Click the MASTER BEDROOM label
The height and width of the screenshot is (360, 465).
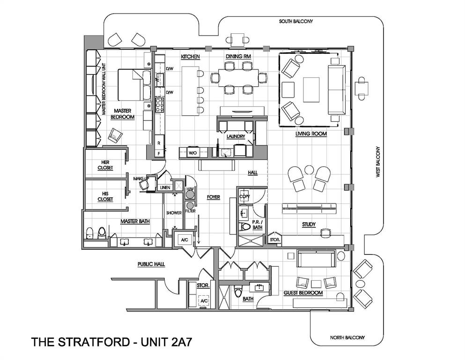pos(122,114)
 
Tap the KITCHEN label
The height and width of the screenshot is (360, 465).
pos(191,57)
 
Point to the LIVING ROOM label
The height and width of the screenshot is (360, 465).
pos(310,134)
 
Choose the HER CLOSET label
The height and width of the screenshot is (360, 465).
pos(105,165)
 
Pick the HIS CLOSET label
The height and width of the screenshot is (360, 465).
pos(105,196)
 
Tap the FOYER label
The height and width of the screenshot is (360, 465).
pos(214,197)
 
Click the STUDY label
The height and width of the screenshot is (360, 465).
pos(309,224)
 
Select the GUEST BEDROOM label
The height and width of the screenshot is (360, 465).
pos(303,293)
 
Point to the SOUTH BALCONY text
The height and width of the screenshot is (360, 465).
pos(295,22)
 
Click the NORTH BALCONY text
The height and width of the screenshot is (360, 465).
pos(347,337)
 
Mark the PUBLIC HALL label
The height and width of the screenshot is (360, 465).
pos(151,264)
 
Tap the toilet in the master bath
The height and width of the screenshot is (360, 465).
pos(101,233)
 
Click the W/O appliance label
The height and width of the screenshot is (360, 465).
pos(192,153)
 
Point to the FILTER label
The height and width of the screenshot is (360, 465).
pos(190,211)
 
